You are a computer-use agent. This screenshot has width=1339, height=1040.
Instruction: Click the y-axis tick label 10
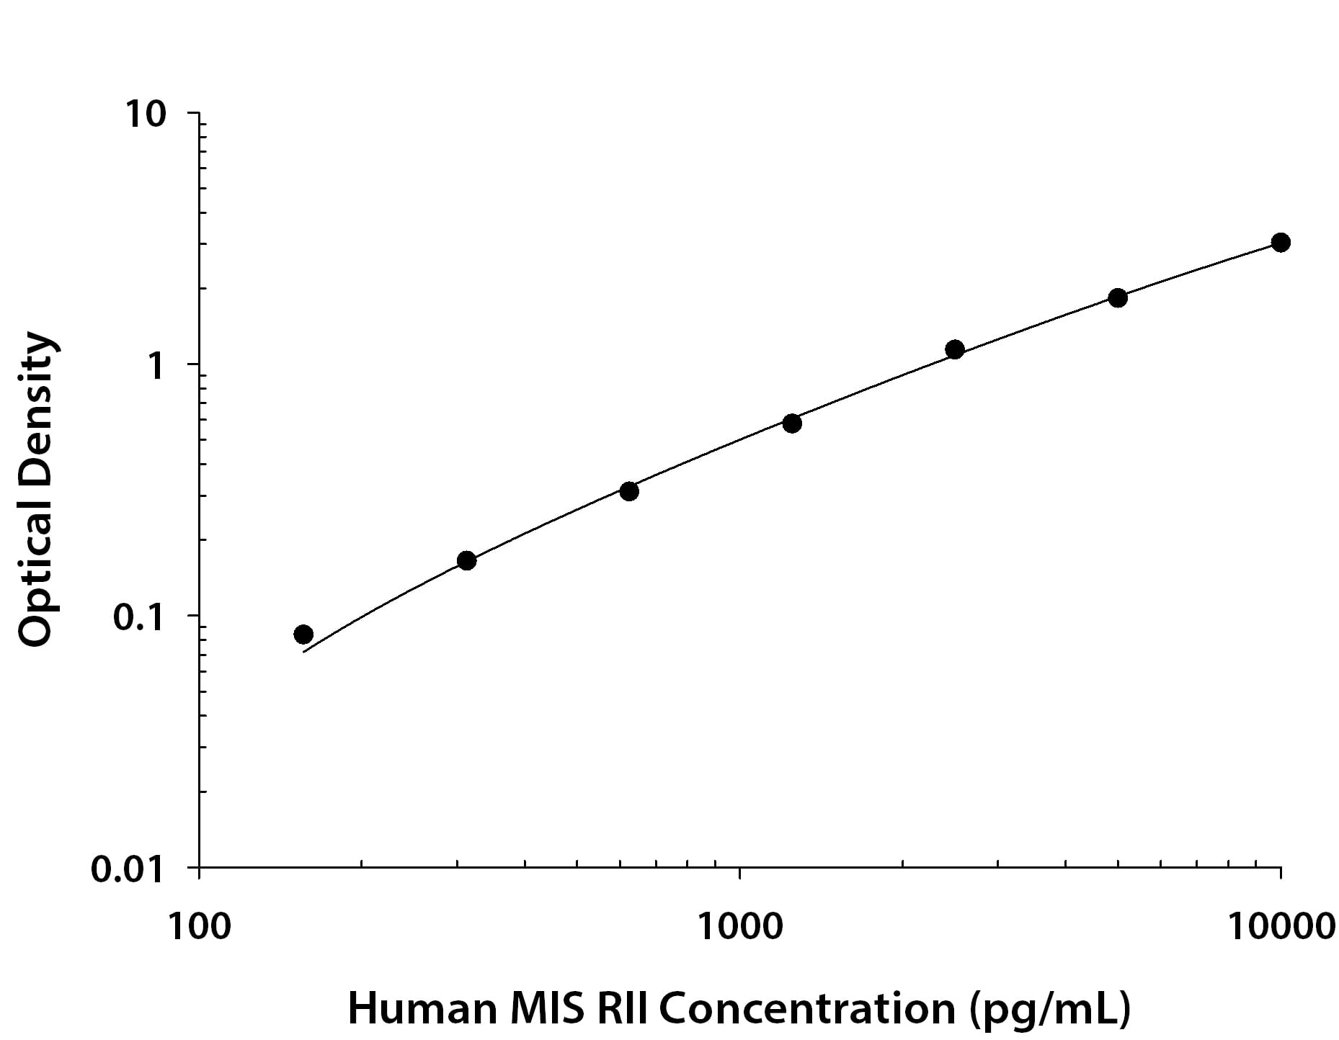tap(146, 115)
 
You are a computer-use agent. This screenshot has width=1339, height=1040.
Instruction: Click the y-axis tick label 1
tap(156, 366)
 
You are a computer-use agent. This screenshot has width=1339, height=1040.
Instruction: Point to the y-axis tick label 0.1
tap(139, 617)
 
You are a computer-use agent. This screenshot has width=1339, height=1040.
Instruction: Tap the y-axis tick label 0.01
tap(129, 869)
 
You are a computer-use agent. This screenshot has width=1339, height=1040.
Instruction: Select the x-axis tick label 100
tap(200, 927)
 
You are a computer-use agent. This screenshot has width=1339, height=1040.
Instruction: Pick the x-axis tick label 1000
tap(739, 927)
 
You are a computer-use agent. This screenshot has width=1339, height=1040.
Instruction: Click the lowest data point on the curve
tap(303, 635)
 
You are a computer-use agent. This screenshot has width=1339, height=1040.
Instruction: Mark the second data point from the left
tap(467, 560)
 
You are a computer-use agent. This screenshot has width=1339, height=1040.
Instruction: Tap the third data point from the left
tap(629, 492)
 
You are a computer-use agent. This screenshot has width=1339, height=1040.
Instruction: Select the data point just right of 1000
tap(792, 423)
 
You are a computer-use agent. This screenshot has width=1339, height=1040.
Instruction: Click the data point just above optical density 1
tap(955, 350)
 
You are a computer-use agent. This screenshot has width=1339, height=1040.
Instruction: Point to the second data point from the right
tap(1118, 297)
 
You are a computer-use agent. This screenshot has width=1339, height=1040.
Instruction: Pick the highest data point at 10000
tap(1281, 243)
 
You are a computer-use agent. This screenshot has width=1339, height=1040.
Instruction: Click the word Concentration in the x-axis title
tap(807, 1008)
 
